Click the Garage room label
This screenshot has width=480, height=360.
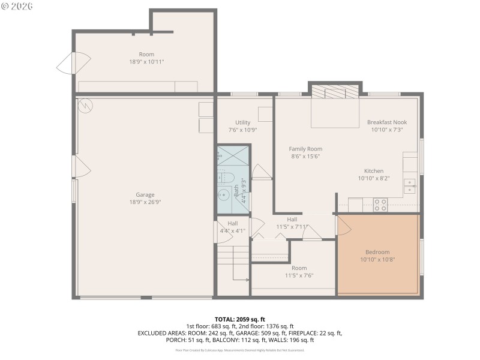[x=145, y=194]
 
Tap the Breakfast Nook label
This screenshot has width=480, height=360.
[x=386, y=122]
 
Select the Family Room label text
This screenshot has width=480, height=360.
[x=305, y=149]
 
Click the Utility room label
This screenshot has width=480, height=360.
[x=242, y=122]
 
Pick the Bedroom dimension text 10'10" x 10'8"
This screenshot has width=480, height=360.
[x=377, y=260]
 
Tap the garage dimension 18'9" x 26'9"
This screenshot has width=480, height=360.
[x=145, y=202]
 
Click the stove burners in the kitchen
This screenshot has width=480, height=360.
[x=380, y=205]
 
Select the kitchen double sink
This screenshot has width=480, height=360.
[x=410, y=186]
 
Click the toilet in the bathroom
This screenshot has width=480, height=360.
[x=226, y=177]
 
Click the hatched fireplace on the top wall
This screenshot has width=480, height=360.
[x=335, y=91]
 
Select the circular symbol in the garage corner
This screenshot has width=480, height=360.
[x=85, y=105]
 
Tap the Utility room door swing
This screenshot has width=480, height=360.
[x=261, y=172]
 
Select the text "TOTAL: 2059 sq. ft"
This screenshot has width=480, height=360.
[x=239, y=319]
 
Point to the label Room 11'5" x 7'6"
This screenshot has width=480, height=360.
[x=299, y=272]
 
